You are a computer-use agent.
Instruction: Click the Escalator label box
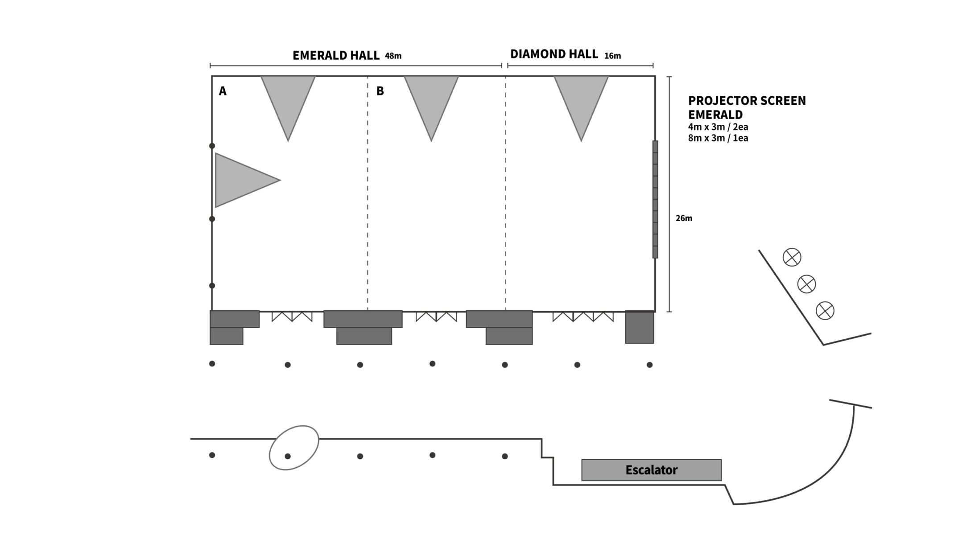pyautogui.click(x=651, y=470)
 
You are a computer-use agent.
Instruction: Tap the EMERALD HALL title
pyautogui.click(x=336, y=55)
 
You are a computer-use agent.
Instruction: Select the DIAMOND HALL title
pyautogui.click(x=554, y=54)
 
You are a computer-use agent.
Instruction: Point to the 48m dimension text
pyautogui.click(x=393, y=56)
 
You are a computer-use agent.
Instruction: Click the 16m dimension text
pyautogui.click(x=612, y=56)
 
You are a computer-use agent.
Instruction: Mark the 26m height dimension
pyautogui.click(x=684, y=218)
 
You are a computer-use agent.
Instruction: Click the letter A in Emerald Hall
pyautogui.click(x=223, y=91)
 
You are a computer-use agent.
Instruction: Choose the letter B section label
pyautogui.click(x=380, y=91)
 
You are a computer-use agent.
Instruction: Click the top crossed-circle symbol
pyautogui.click(x=792, y=257)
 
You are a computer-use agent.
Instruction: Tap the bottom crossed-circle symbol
pyautogui.click(x=825, y=310)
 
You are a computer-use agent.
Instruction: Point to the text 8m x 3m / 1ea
pyautogui.click(x=718, y=138)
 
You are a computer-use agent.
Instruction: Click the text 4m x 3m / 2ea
pyautogui.click(x=718, y=127)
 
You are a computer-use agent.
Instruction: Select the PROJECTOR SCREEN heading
pyautogui.click(x=747, y=101)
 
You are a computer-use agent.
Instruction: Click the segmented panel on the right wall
pyautogui.click(x=655, y=199)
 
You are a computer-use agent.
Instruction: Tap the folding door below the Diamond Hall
pyautogui.click(x=583, y=317)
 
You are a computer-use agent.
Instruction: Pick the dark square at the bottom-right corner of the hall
pyautogui.click(x=640, y=327)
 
